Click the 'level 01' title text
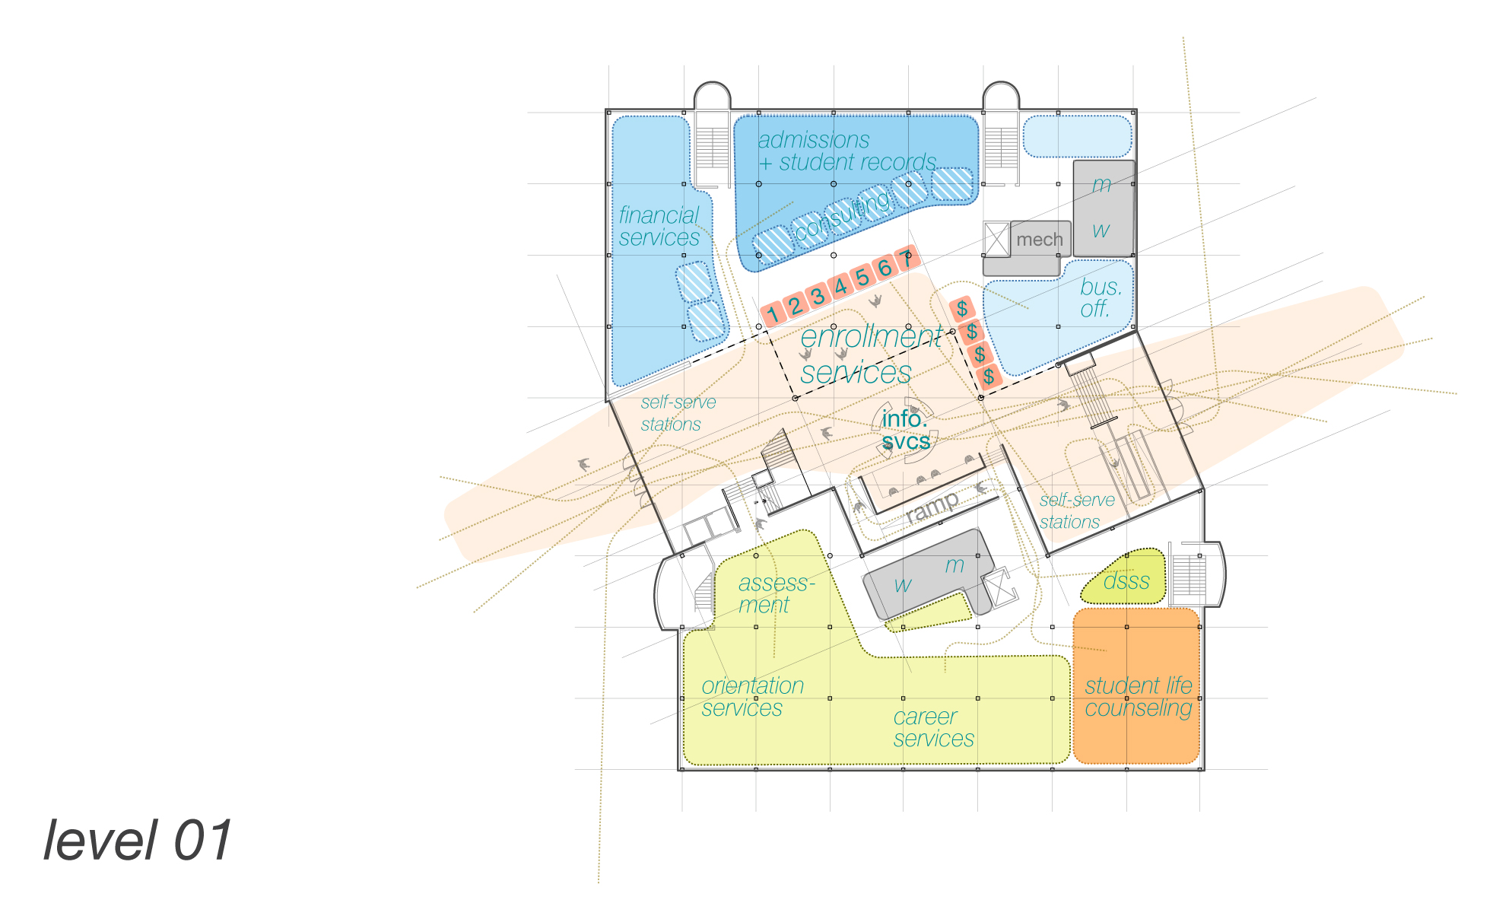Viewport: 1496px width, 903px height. point(138,841)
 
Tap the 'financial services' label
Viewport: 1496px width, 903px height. point(659,227)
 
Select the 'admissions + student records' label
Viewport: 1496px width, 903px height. point(846,151)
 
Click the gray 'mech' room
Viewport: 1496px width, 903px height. point(1039,240)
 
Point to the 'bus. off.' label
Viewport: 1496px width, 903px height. point(1100,297)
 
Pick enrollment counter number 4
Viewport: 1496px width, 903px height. point(840,287)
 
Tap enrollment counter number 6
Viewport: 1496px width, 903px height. point(885,268)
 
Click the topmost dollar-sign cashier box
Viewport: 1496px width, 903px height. point(962,308)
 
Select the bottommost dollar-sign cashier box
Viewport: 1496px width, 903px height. point(989,376)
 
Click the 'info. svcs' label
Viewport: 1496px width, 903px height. point(905,430)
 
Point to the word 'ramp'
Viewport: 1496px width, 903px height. point(932,507)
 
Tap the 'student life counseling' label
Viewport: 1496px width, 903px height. point(1138,697)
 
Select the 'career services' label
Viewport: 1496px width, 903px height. point(933,727)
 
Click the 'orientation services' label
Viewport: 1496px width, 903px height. point(751,697)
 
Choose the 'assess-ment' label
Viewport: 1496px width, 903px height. point(774,593)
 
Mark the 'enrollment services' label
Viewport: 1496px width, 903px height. point(863,355)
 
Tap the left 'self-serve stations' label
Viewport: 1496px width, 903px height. point(677,413)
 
